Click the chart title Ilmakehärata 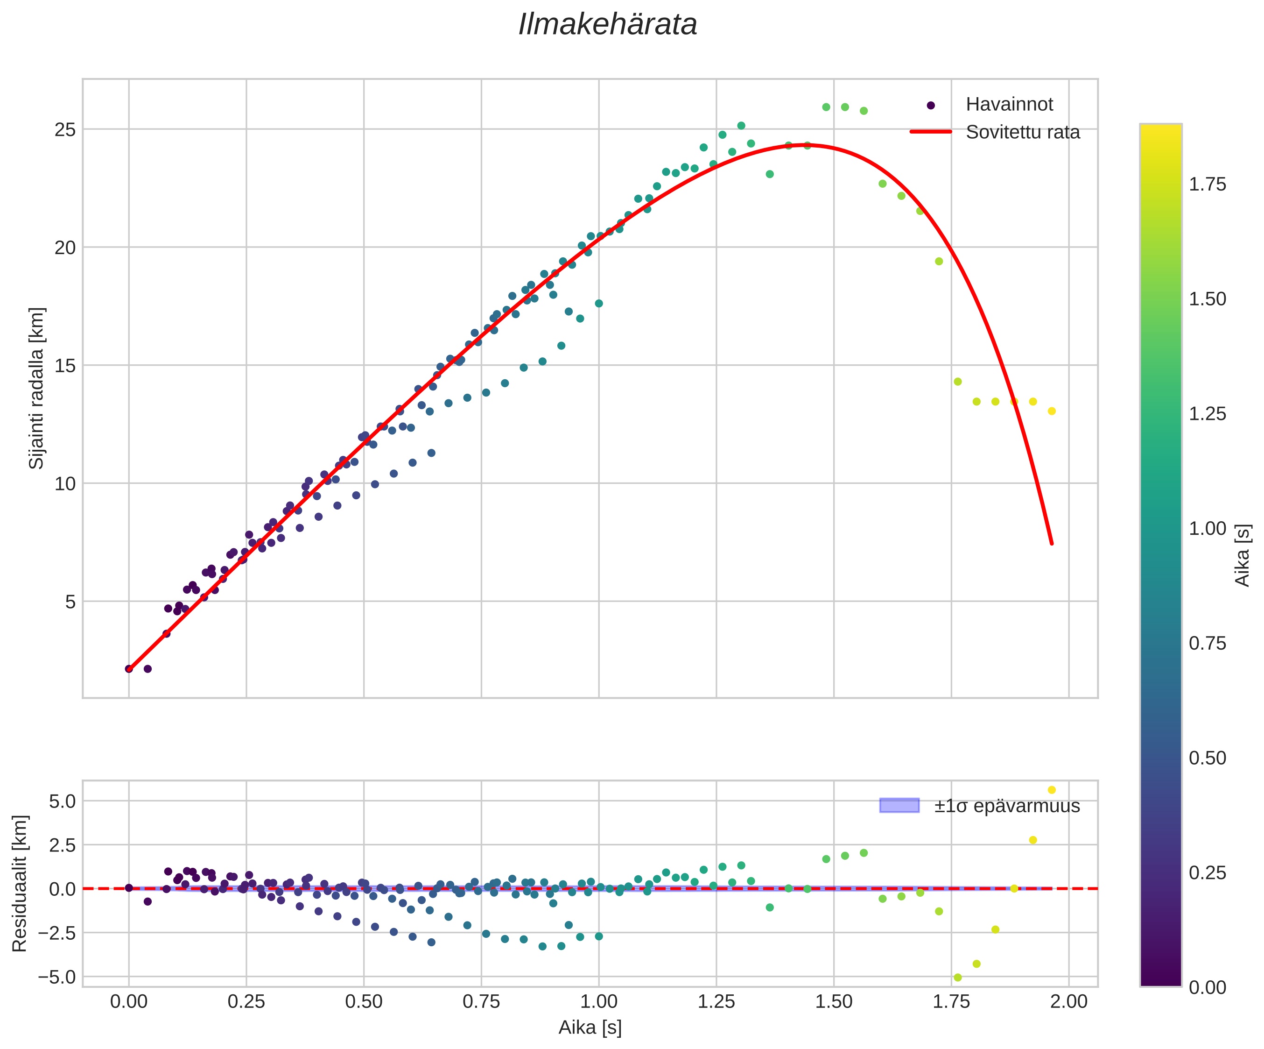(607, 25)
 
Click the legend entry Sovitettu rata (1023, 133)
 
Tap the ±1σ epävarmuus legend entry (1007, 806)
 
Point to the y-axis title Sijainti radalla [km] (37, 389)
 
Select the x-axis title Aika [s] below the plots (590, 1028)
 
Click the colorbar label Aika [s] (1243, 554)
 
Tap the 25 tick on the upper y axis (65, 129)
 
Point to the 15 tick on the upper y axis (65, 366)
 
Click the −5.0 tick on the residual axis (56, 977)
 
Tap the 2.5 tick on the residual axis (63, 845)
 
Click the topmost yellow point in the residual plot (1052, 790)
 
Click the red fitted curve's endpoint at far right (1052, 544)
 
